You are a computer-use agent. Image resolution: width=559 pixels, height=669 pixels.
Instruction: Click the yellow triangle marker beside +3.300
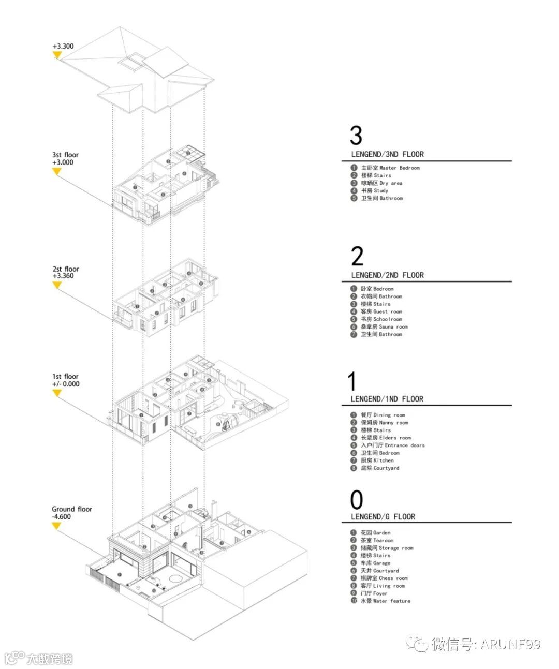57,55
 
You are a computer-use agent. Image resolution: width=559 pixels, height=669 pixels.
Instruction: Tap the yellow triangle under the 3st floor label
57,172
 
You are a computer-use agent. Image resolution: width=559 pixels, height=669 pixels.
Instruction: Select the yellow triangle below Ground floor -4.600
57,526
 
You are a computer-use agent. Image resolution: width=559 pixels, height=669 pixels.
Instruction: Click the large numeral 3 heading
356,136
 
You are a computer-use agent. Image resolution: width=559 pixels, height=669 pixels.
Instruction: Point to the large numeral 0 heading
357,500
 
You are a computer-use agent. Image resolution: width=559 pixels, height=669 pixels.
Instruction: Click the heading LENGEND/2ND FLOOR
387,275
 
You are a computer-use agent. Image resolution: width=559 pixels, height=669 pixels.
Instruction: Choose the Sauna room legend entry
384,327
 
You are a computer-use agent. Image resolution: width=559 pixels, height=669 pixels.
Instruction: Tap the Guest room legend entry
381,311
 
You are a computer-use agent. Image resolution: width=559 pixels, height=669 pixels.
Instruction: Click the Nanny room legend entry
384,423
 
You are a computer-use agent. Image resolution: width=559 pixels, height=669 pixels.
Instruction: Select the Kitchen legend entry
377,460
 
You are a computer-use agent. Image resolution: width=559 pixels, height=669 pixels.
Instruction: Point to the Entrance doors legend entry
392,445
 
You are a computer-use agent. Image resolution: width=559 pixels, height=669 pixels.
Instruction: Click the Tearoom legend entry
377,540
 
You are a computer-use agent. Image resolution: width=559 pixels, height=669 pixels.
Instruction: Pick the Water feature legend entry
385,601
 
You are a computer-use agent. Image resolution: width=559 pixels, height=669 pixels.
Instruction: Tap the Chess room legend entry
384,578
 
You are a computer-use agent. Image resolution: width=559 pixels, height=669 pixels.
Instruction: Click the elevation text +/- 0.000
66,384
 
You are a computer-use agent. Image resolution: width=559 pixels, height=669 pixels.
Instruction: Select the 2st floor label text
65,269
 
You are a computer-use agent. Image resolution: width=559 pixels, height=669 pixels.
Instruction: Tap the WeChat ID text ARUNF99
510,644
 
